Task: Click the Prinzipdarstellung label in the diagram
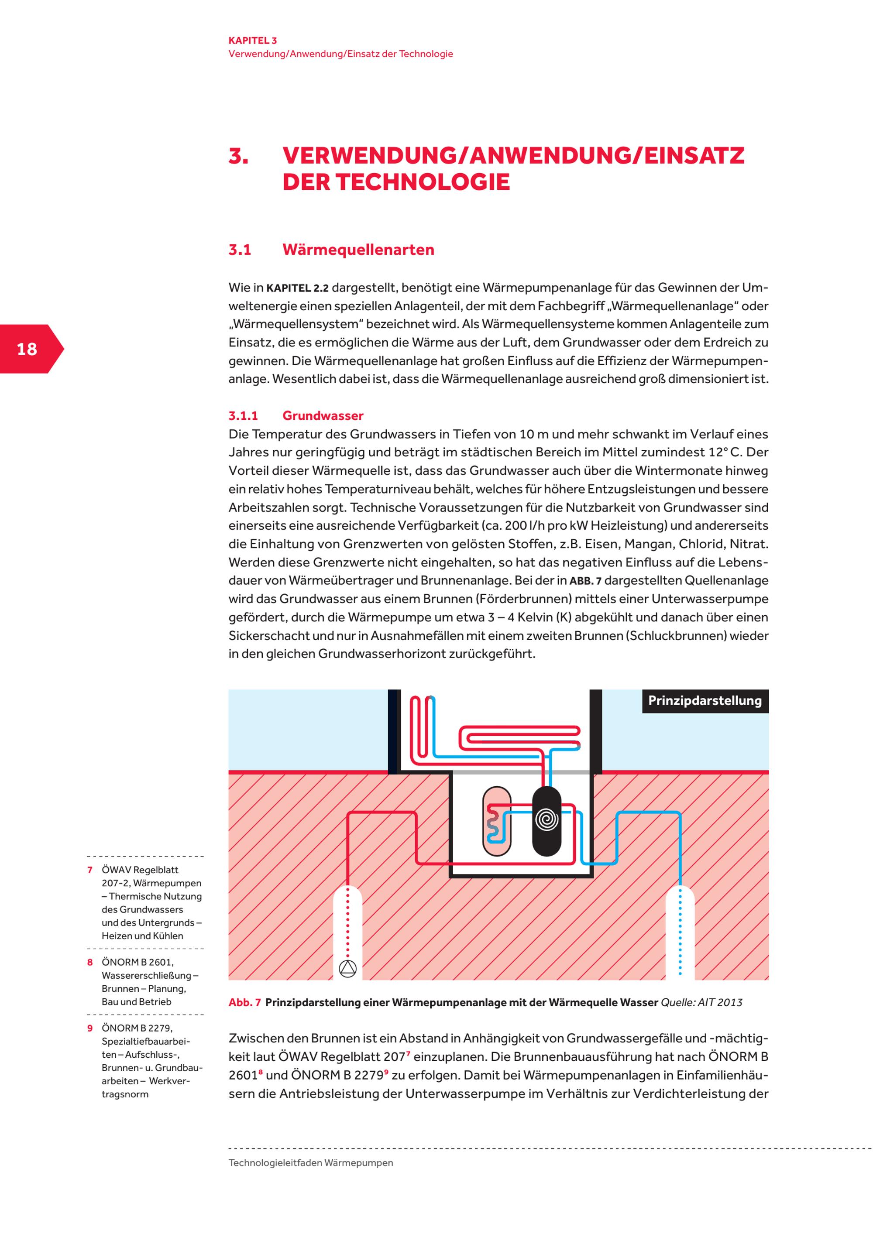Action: [705, 701]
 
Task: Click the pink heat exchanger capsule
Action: [497, 821]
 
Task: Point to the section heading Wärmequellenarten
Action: [358, 250]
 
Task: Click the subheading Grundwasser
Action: [323, 415]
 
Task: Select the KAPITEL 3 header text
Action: [253, 40]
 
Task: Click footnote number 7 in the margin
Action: [90, 870]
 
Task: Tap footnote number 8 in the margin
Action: [90, 962]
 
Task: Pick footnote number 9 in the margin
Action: [90, 1028]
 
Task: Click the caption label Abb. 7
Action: [244, 1002]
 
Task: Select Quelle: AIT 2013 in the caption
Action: [701, 1002]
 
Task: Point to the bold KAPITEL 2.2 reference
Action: [297, 288]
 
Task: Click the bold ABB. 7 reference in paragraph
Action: [585, 581]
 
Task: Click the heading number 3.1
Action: [240, 250]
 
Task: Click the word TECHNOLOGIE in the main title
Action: [423, 182]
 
